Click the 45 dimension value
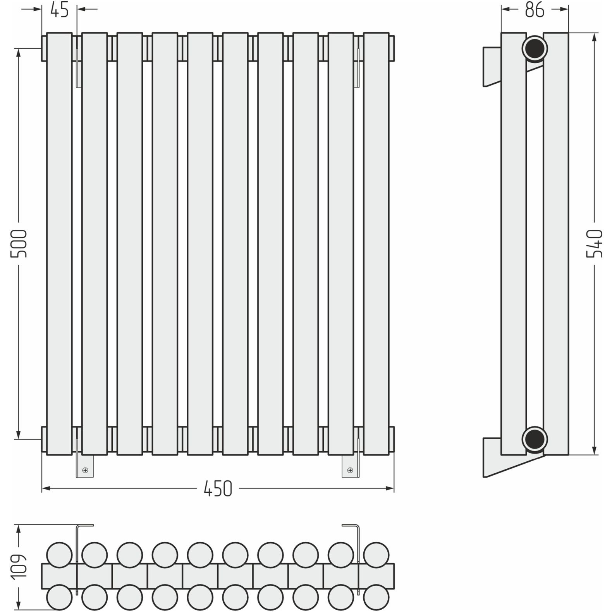tap(59, 10)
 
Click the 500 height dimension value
tap(19, 244)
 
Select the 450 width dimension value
tap(218, 488)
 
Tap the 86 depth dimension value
tap(535, 10)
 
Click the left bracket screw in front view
tap(85, 470)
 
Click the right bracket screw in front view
tap(350, 470)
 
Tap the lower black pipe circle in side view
tap(535, 439)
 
